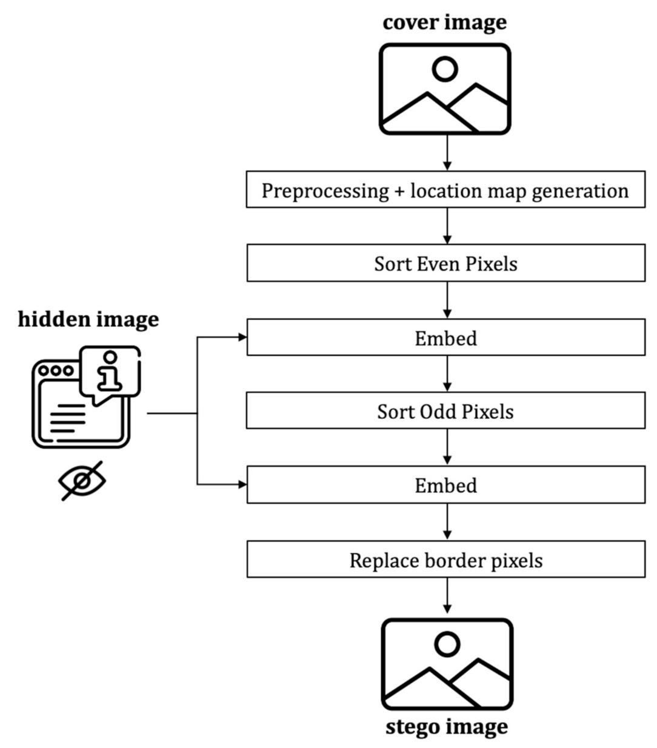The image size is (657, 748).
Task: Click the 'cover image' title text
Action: (x=444, y=22)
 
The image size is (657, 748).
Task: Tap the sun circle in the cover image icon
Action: (x=445, y=69)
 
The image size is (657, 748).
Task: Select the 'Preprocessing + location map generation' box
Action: (x=445, y=190)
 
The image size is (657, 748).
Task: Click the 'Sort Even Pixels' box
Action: (x=445, y=264)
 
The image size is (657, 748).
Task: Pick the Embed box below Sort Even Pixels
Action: (x=445, y=338)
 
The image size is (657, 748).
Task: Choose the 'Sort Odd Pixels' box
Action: (x=445, y=412)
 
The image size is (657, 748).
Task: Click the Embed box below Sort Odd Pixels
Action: (x=445, y=485)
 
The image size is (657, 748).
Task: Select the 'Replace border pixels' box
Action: (x=445, y=559)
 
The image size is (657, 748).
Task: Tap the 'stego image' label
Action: (x=447, y=726)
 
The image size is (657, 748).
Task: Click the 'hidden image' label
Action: (x=88, y=319)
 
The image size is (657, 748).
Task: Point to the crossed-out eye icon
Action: (x=82, y=480)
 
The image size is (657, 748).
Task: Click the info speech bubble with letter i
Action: (x=110, y=370)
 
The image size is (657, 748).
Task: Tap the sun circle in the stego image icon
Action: (x=447, y=644)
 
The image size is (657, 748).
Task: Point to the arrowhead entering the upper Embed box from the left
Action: (x=242, y=337)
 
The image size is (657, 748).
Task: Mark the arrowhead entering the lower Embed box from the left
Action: (x=242, y=484)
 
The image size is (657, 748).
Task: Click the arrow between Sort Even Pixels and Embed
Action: (x=447, y=300)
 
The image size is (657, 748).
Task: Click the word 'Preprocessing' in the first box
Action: (x=325, y=190)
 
